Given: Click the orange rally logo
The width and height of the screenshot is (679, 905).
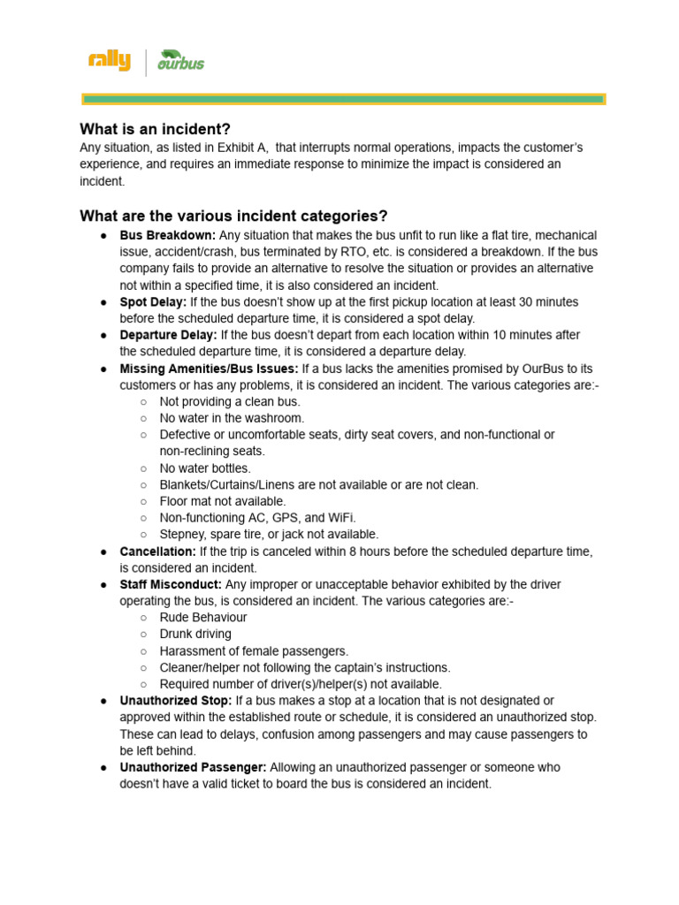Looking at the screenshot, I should pos(109,61).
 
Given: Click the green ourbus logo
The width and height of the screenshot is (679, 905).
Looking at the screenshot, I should pos(181,61).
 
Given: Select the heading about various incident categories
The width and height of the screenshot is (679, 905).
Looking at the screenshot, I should pos(233,217).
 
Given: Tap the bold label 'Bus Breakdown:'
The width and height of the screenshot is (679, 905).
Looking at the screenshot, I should pos(168,236).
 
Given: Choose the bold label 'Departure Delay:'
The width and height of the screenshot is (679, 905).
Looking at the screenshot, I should pos(168,336).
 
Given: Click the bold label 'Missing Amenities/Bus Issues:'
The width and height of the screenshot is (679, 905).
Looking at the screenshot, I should pos(210,369).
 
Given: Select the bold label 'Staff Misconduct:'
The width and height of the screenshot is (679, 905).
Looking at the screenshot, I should pos(171,585).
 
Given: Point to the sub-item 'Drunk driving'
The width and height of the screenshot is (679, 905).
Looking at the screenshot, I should pos(195,635).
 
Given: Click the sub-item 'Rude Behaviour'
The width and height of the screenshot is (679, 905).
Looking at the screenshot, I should pos(203,618).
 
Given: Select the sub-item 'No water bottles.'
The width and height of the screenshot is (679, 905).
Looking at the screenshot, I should pos(205,468).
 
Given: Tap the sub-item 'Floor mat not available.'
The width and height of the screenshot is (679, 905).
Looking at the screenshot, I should pos(223,501).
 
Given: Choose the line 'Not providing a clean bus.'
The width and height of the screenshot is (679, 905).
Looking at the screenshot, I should pos(230,402).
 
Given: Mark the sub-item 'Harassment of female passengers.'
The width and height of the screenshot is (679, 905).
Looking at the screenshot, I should pos(254,651).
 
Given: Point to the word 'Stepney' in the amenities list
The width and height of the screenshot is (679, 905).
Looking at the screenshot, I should pos(182,535).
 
